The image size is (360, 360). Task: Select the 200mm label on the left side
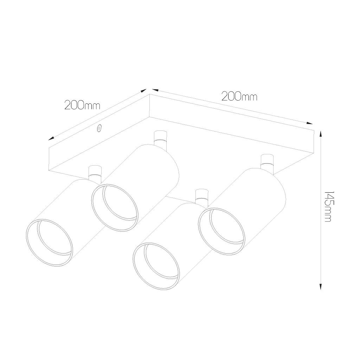83,105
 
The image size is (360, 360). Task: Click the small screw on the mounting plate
99,128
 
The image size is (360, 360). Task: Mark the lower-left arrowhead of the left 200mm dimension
51,138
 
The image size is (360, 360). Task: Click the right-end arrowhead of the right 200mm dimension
310,123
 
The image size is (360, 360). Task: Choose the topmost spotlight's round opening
115,207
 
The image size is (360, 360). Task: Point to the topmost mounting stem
160,139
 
